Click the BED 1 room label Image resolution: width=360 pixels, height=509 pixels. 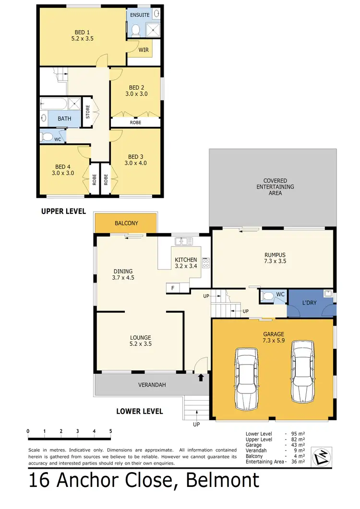80,33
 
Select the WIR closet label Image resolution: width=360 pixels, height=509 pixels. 143,49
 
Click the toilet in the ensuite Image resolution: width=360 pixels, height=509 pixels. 135,31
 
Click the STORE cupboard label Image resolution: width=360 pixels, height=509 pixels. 88,112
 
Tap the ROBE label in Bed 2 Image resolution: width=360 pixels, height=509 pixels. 135,122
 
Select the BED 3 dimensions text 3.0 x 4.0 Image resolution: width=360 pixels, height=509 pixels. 135,163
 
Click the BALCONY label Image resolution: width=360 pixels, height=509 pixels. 126,223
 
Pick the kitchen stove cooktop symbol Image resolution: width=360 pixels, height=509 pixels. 206,262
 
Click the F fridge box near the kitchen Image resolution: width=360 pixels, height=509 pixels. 172,288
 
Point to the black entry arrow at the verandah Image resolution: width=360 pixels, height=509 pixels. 201,378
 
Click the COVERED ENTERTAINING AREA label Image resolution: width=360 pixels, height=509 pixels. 275,187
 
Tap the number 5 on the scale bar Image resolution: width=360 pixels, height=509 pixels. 111,430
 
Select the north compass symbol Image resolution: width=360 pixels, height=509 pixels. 320,456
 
